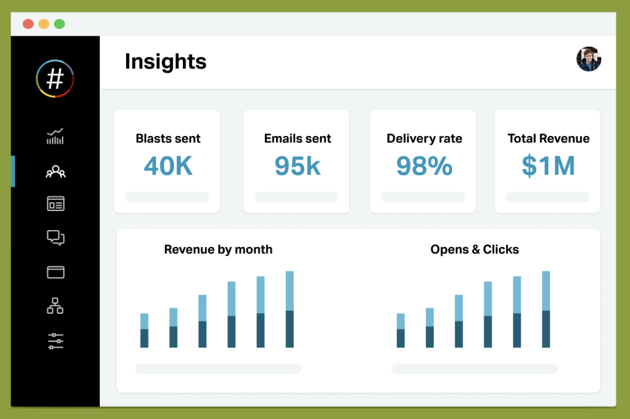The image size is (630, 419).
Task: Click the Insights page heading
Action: coord(166,61)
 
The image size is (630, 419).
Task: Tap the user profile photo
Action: coord(588,59)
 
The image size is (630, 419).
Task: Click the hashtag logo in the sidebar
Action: coord(55,79)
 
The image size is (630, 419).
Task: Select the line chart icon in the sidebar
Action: coord(55,137)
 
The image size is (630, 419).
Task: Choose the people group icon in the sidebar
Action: coord(55,171)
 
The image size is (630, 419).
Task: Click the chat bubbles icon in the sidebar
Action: coord(55,238)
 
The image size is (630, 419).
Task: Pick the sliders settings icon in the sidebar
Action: coord(55,341)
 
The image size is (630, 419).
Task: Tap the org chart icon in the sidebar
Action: coord(55,306)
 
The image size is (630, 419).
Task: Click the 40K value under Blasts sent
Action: coord(168,166)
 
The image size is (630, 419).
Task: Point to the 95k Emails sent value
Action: coord(297,166)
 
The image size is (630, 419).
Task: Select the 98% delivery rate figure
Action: coord(424,166)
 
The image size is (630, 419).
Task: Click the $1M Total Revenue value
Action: coord(548,166)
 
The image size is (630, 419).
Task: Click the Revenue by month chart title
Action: coord(218,249)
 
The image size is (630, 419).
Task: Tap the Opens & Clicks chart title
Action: coord(474,249)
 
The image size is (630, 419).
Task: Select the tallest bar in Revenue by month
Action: coord(289,309)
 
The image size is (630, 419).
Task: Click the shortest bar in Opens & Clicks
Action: coord(401,330)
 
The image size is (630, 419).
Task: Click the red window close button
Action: coord(28,24)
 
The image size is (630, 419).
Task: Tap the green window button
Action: coord(59,24)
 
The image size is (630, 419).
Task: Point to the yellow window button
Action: coord(43,24)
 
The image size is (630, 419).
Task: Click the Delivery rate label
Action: coord(424,139)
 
